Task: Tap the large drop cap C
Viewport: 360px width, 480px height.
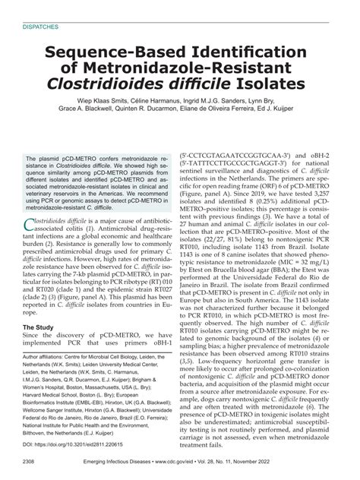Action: click(x=31, y=223)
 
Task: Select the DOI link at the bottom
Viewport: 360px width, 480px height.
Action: click(x=75, y=444)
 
